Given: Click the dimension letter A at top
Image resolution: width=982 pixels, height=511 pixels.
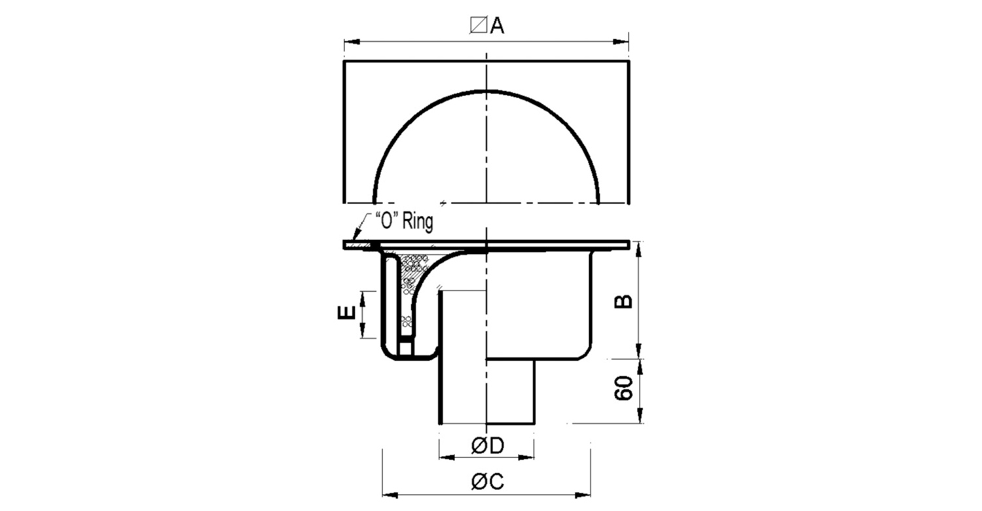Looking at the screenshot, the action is pyautogui.click(x=497, y=26).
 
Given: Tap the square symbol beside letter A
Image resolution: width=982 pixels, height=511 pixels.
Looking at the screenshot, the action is pyautogui.click(x=479, y=25).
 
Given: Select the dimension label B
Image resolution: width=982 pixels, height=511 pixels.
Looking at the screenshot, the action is pyautogui.click(x=623, y=301).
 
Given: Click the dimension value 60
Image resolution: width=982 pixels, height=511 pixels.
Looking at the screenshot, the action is pyautogui.click(x=623, y=388).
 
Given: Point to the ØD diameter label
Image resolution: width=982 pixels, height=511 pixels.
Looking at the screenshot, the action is pyautogui.click(x=488, y=446).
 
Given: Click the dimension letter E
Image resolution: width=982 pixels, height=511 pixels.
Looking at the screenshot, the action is pyautogui.click(x=346, y=313).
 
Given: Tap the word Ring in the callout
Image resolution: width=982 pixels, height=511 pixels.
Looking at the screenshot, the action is pyautogui.click(x=418, y=222).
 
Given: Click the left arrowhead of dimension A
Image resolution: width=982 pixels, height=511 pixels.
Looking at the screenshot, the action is pyautogui.click(x=352, y=42).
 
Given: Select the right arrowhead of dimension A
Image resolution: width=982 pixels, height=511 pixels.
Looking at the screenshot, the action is pyautogui.click(x=621, y=42).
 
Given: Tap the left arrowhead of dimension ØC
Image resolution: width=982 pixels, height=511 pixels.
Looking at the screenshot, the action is pyautogui.click(x=390, y=495).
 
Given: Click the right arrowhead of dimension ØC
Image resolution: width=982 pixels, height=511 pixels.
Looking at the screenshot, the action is pyautogui.click(x=583, y=495).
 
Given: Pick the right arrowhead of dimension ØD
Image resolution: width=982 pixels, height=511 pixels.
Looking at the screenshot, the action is pyautogui.click(x=526, y=457).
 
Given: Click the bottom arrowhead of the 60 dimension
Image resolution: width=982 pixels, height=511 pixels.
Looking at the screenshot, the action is pyautogui.click(x=640, y=415).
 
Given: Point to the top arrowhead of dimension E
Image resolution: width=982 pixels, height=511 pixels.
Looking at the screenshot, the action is pyautogui.click(x=363, y=299).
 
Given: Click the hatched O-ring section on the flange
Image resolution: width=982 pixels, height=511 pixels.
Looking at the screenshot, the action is pyautogui.click(x=360, y=245).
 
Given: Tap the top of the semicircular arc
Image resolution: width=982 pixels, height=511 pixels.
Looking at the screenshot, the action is pyautogui.click(x=486, y=91).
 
